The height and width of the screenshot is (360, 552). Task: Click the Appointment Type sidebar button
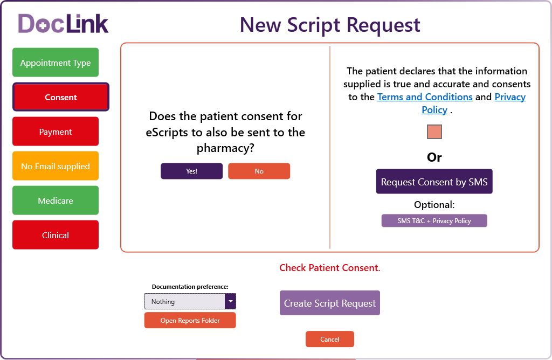(x=56, y=63)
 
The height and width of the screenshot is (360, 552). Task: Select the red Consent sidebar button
(x=61, y=97)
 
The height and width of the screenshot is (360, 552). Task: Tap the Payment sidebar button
(x=56, y=131)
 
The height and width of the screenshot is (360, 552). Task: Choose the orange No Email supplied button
(x=56, y=166)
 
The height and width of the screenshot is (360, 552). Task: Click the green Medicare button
(x=56, y=200)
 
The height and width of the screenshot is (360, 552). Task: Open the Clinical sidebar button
(x=56, y=235)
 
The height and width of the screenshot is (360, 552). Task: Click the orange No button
(x=259, y=171)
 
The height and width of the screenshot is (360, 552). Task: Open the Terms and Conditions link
(x=425, y=97)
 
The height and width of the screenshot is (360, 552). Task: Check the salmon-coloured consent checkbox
(x=434, y=131)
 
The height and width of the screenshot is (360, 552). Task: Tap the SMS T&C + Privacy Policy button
(x=434, y=220)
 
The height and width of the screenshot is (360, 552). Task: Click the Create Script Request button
(x=330, y=303)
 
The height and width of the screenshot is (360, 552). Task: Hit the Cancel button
(x=330, y=339)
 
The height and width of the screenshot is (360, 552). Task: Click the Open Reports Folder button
(x=190, y=320)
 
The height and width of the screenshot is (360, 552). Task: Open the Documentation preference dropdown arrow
(x=231, y=301)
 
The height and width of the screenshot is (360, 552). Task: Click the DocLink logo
(x=64, y=24)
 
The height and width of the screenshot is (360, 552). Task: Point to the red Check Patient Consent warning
(x=330, y=268)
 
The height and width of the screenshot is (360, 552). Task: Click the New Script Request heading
(x=330, y=25)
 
